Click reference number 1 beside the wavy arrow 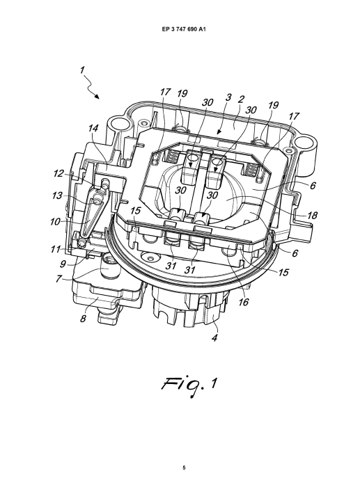82,70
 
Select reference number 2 241,99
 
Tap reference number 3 228,97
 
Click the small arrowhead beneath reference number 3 219,132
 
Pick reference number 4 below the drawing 214,337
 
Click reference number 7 58,278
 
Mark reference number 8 83,319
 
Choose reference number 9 63,264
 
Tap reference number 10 55,222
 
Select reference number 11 56,249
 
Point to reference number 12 58,173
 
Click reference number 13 57,195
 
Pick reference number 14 93,127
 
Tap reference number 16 244,301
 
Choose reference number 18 312,215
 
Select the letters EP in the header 165,29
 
